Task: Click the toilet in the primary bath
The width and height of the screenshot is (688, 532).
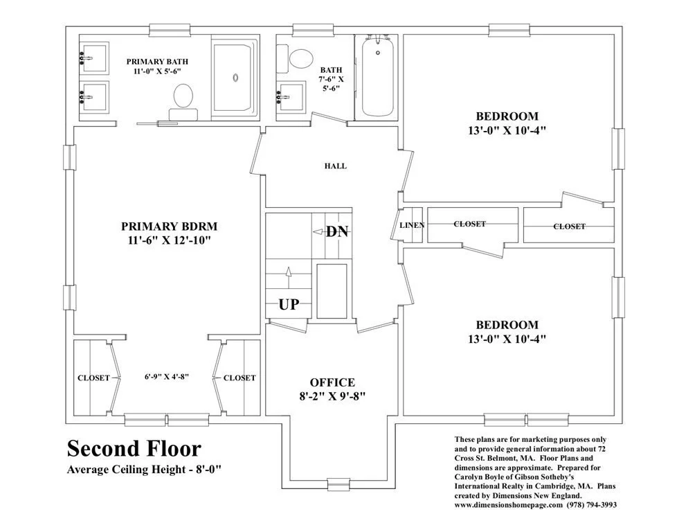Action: pos(183,101)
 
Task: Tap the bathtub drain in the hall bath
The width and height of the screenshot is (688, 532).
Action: pos(378,53)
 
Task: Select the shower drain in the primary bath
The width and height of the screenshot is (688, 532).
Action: pos(235,78)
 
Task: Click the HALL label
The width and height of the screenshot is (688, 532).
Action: pos(336,166)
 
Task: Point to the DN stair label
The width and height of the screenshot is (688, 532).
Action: pos(337,231)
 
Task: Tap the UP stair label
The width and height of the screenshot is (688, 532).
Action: pos(289,304)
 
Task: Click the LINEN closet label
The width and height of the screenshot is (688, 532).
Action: pos(412,225)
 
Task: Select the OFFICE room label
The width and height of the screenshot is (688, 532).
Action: pos(332,382)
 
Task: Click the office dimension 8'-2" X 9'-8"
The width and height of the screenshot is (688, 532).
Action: pos(332,396)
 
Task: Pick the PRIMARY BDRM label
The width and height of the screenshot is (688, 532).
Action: pos(170,227)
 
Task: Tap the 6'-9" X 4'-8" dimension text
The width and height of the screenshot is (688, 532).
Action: pos(167,376)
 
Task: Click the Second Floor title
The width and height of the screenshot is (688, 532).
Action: pos(134,449)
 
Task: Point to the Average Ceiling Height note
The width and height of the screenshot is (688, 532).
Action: pos(143,470)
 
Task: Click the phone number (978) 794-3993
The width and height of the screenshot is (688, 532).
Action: pos(592,505)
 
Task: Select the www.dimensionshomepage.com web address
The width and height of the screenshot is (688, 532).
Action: pos(509,505)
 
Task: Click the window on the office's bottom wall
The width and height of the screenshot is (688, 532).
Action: pos(338,484)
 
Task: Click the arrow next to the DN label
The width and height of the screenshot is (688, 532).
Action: pos(318,232)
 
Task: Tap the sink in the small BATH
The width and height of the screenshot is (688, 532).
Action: pos(291,97)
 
